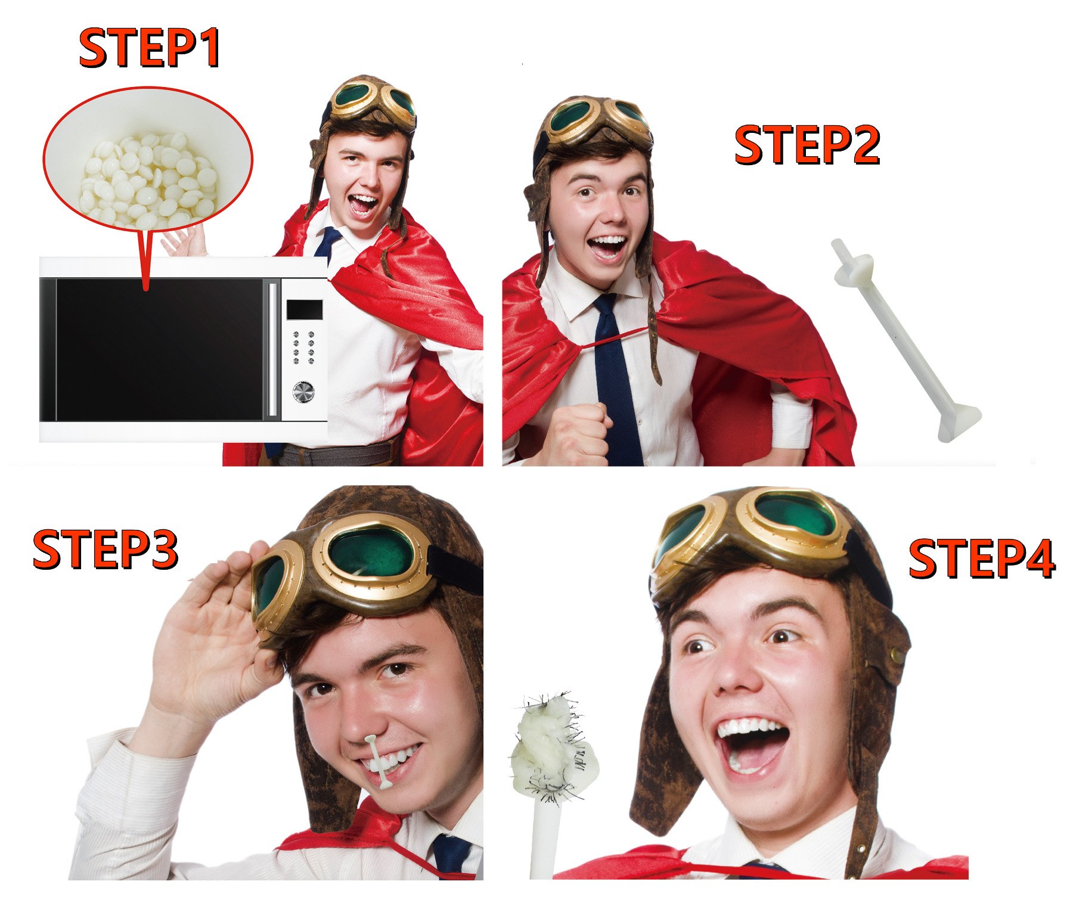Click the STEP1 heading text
coord(150,48)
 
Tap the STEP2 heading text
coord(807,144)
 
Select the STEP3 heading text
coord(106,549)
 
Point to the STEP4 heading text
coord(982,558)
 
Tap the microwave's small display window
coord(304,310)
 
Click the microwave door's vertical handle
coord(273,349)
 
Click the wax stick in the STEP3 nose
coord(379,762)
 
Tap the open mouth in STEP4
coord(752,746)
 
